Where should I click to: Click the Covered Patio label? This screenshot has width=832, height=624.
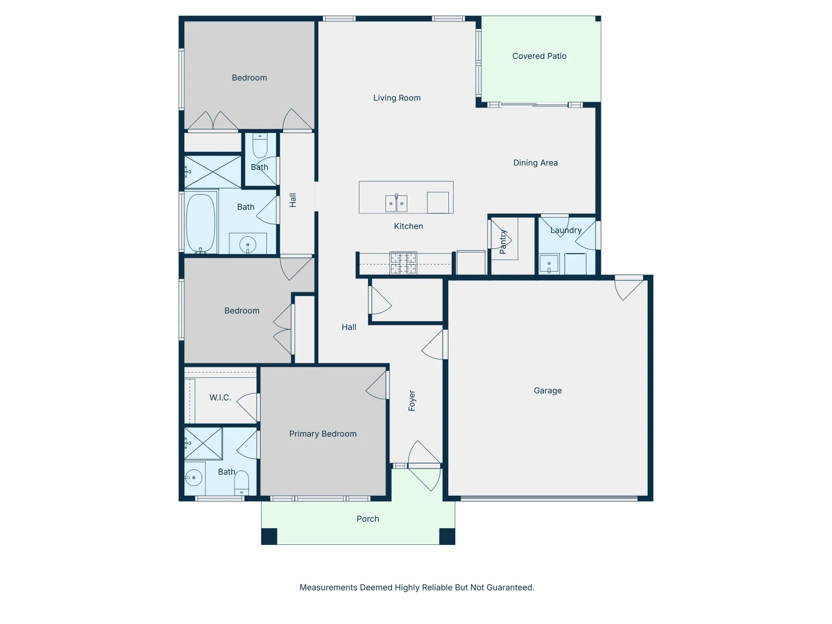[539, 56]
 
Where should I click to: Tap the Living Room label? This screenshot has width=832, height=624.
[396, 98]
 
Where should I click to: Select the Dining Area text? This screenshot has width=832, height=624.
[535, 163]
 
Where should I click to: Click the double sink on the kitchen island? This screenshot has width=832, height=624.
[396, 203]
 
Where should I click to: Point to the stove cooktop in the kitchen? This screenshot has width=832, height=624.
[403, 263]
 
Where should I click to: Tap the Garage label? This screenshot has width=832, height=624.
[547, 391]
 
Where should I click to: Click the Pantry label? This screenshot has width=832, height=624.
[503, 242]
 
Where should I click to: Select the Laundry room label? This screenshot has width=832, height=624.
[566, 230]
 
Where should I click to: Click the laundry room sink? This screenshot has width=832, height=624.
[549, 264]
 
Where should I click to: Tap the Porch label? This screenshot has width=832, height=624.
[367, 519]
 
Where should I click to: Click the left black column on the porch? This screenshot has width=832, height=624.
[269, 536]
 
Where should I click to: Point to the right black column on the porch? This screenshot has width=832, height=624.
[447, 536]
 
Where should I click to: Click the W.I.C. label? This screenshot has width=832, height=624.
[220, 398]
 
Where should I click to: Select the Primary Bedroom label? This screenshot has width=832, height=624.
[322, 434]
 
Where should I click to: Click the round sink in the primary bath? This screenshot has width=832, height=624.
[194, 478]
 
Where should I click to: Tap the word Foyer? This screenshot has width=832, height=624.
[412, 400]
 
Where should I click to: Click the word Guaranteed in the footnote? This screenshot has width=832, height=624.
[510, 588]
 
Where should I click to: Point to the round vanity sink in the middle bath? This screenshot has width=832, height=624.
[248, 245]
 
